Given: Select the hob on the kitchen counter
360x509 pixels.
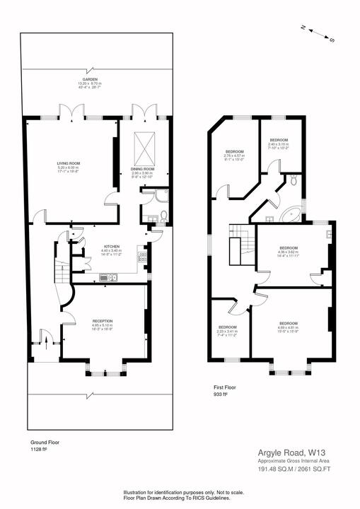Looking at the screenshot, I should (141, 259).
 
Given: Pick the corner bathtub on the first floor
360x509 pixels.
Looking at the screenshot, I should (291, 212).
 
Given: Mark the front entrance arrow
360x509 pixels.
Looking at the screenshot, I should (47, 346).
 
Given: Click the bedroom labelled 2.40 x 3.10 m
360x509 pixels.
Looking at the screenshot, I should (278, 145).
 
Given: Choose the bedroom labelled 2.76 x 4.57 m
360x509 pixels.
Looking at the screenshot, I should (234, 156).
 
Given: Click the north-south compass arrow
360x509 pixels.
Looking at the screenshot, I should (317, 33).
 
